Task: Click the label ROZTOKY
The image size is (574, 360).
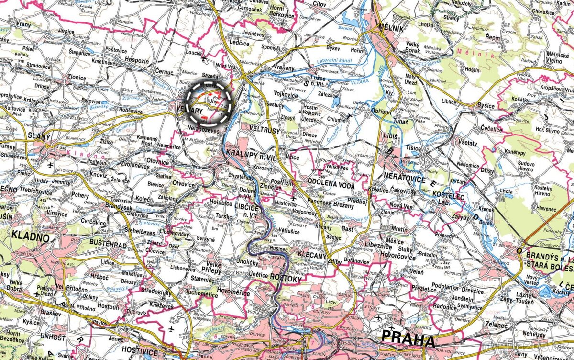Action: tap(286, 278)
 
